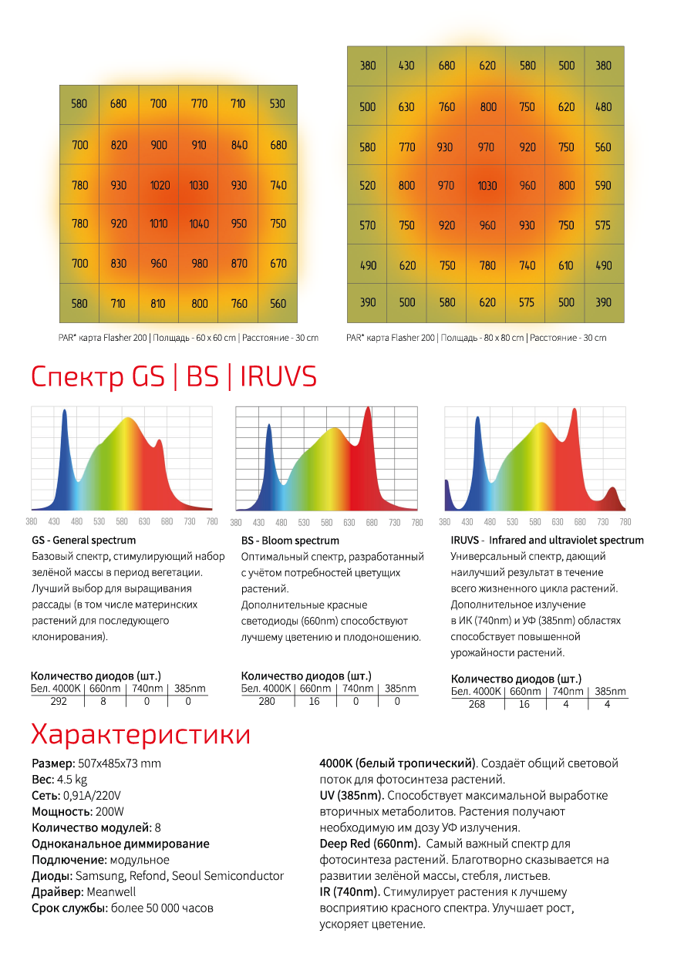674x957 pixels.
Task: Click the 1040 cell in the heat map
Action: (x=199, y=224)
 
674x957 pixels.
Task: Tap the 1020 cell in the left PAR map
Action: (x=160, y=185)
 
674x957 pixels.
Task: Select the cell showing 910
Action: (x=199, y=145)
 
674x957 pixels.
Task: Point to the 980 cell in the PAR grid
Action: (x=199, y=264)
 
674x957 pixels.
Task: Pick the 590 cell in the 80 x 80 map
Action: (x=604, y=185)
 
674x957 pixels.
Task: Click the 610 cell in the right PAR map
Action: (x=565, y=265)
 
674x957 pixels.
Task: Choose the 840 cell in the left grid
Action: (x=238, y=145)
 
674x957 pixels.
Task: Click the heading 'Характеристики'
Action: (x=140, y=734)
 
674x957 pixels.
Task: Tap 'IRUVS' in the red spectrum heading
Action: (x=278, y=376)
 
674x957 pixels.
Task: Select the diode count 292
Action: (x=59, y=701)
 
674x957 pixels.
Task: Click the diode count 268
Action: (x=477, y=704)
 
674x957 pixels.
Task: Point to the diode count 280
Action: (x=267, y=701)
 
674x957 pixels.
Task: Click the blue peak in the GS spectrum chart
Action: (x=65, y=411)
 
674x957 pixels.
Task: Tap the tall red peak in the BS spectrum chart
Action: (x=368, y=409)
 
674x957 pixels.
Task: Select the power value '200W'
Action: (x=110, y=812)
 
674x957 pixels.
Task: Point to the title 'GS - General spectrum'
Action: (x=84, y=540)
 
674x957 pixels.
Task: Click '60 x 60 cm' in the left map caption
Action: (x=216, y=338)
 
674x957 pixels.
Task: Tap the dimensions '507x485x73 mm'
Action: (x=120, y=763)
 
